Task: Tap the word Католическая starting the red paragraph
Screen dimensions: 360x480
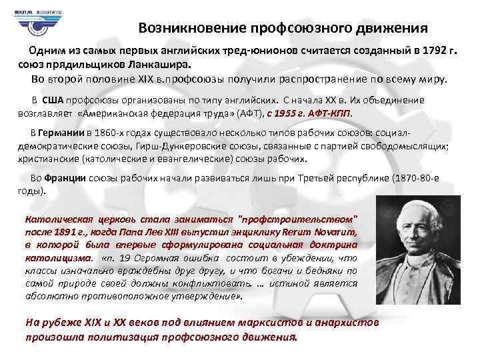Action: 53,219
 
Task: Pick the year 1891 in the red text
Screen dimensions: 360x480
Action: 67,231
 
